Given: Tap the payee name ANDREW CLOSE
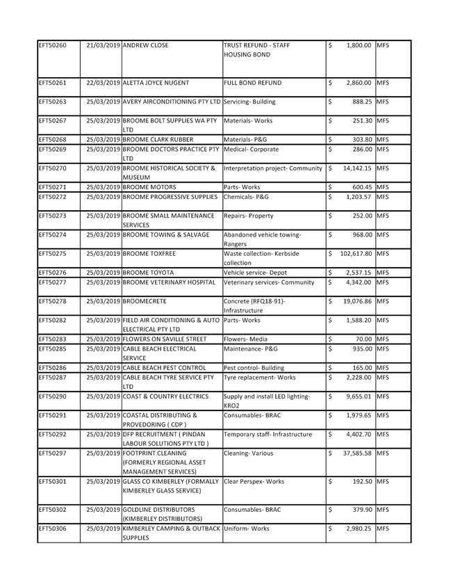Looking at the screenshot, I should pos(145,45).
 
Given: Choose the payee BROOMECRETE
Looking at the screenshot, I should pos(145,301).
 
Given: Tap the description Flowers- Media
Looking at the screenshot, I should pos(245,339).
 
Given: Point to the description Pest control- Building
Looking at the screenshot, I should pos(254,367).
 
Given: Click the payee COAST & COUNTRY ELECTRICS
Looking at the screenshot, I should pos(165,396).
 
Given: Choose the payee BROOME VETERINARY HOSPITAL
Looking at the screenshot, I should pos(169,282).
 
